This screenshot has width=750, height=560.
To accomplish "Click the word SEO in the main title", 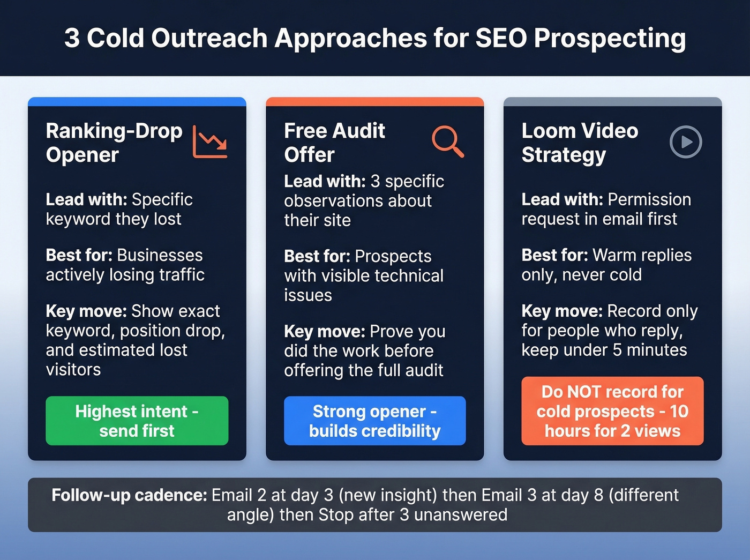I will point(500,39).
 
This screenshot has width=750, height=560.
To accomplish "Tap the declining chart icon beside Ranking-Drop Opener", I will point(210,142).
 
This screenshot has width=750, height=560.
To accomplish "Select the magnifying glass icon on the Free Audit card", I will point(448,142).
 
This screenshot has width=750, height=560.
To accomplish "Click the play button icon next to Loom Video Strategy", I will point(686,142).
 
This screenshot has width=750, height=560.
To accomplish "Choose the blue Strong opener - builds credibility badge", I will point(374,421).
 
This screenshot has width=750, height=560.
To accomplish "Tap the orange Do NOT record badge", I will point(612,411).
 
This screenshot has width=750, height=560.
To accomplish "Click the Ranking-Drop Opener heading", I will point(114,143).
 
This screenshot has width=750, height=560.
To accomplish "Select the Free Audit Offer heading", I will point(334,143).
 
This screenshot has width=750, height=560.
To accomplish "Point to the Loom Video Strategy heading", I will point(580,143).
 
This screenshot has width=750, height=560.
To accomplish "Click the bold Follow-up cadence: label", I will point(129,495).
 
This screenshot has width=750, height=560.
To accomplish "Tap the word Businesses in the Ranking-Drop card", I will point(160,255).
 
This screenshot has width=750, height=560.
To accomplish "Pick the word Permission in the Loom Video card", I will point(649,199).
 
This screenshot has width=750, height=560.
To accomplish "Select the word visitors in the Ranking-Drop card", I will point(73,370).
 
